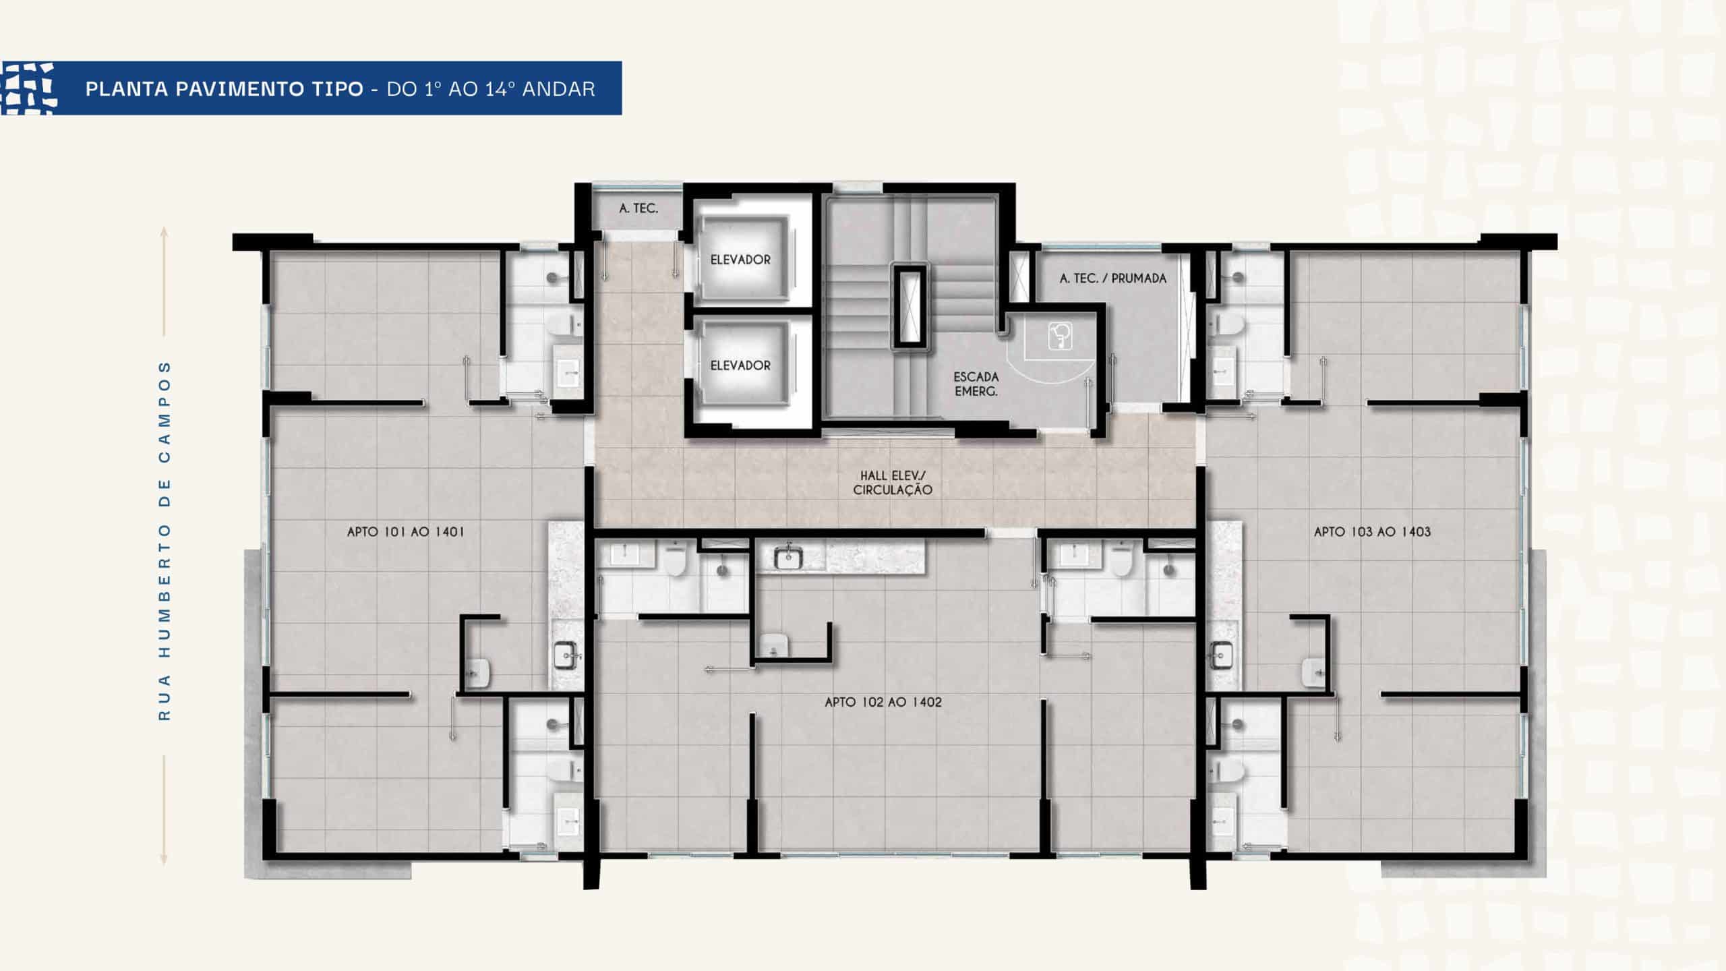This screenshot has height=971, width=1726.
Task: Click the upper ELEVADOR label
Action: pos(740,260)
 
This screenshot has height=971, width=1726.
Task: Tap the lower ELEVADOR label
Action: pos(740,365)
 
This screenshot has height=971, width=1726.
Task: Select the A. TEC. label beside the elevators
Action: pos(638,208)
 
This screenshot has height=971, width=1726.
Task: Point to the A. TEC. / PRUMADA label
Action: pos(1113,278)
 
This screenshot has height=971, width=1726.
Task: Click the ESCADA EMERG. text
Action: pos(976,384)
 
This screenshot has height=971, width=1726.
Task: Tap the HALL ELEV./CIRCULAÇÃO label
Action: pos(893,483)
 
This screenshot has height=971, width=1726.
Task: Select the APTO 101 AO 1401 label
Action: pos(406,531)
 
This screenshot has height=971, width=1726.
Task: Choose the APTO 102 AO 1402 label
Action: pos(883,702)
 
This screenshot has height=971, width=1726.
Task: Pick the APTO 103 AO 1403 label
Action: pos(1372,531)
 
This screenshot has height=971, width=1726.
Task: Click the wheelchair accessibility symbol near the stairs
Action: pos(1061,336)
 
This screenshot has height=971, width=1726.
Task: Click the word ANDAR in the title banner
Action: pos(559,89)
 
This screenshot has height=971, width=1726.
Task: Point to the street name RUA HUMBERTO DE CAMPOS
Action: pos(165,541)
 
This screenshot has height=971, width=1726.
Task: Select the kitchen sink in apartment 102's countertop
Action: pos(787,557)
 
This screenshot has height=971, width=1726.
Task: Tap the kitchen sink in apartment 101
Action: pos(566,653)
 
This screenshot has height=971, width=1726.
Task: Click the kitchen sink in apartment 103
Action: pos(1221,654)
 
